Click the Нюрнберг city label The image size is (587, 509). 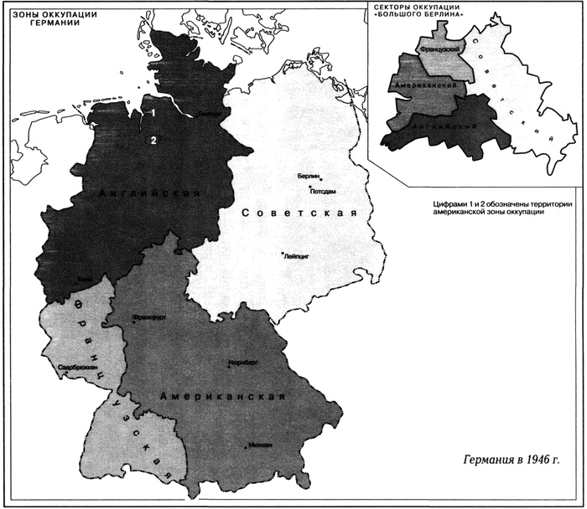[x=242, y=364]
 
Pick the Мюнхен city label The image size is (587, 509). [x=259, y=446]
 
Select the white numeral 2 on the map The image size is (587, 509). [x=153, y=140]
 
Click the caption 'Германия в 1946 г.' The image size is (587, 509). [x=512, y=461]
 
